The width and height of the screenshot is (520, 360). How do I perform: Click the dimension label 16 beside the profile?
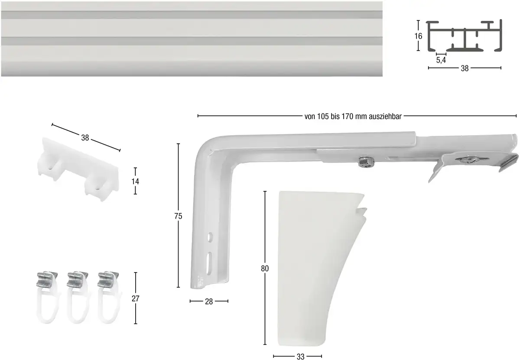point(418,36)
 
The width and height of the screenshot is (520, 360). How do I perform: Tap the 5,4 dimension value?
point(441,60)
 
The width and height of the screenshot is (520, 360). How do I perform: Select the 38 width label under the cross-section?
point(465,68)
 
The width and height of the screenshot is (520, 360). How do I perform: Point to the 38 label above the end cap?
point(85,138)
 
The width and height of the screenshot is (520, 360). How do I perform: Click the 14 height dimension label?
point(135,181)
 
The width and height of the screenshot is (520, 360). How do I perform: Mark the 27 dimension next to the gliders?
point(135,298)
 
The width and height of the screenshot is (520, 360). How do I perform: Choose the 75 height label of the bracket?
point(178,216)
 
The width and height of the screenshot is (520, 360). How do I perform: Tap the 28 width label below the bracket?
point(209,301)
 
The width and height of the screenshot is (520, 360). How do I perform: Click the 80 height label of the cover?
point(265,268)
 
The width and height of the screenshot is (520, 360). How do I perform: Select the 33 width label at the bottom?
point(300,357)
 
